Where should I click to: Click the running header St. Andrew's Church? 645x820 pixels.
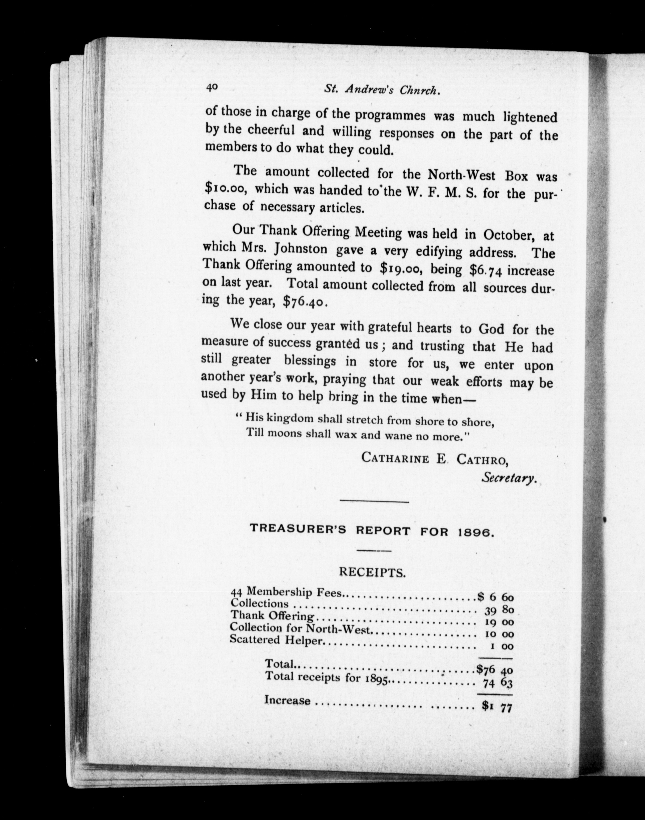point(382,90)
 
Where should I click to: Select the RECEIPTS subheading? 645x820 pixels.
point(372,572)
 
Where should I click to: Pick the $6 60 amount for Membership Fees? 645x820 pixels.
point(495,597)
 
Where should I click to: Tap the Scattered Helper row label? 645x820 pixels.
point(277,640)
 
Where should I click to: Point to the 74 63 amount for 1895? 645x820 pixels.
point(497,683)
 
